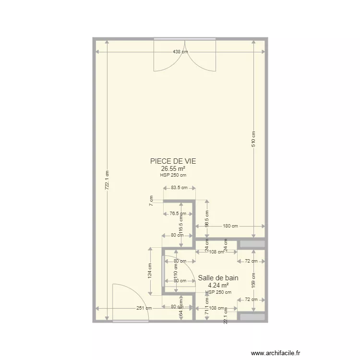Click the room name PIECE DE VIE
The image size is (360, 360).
(x=173, y=162)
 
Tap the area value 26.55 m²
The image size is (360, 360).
(x=173, y=169)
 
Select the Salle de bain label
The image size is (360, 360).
(x=218, y=277)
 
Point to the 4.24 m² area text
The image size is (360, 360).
(x=218, y=285)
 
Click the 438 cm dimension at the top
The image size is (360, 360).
(x=180, y=52)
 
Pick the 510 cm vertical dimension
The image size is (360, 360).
(x=254, y=139)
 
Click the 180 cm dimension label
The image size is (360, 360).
(x=230, y=226)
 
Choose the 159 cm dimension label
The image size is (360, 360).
(x=254, y=280)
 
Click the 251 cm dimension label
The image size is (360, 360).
(x=144, y=308)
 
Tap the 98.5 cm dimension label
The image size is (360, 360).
(x=207, y=219)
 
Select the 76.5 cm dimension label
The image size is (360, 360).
(x=178, y=214)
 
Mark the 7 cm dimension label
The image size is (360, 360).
(x=151, y=201)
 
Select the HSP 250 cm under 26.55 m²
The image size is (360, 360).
(x=173, y=175)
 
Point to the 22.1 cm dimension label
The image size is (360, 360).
(x=225, y=317)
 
